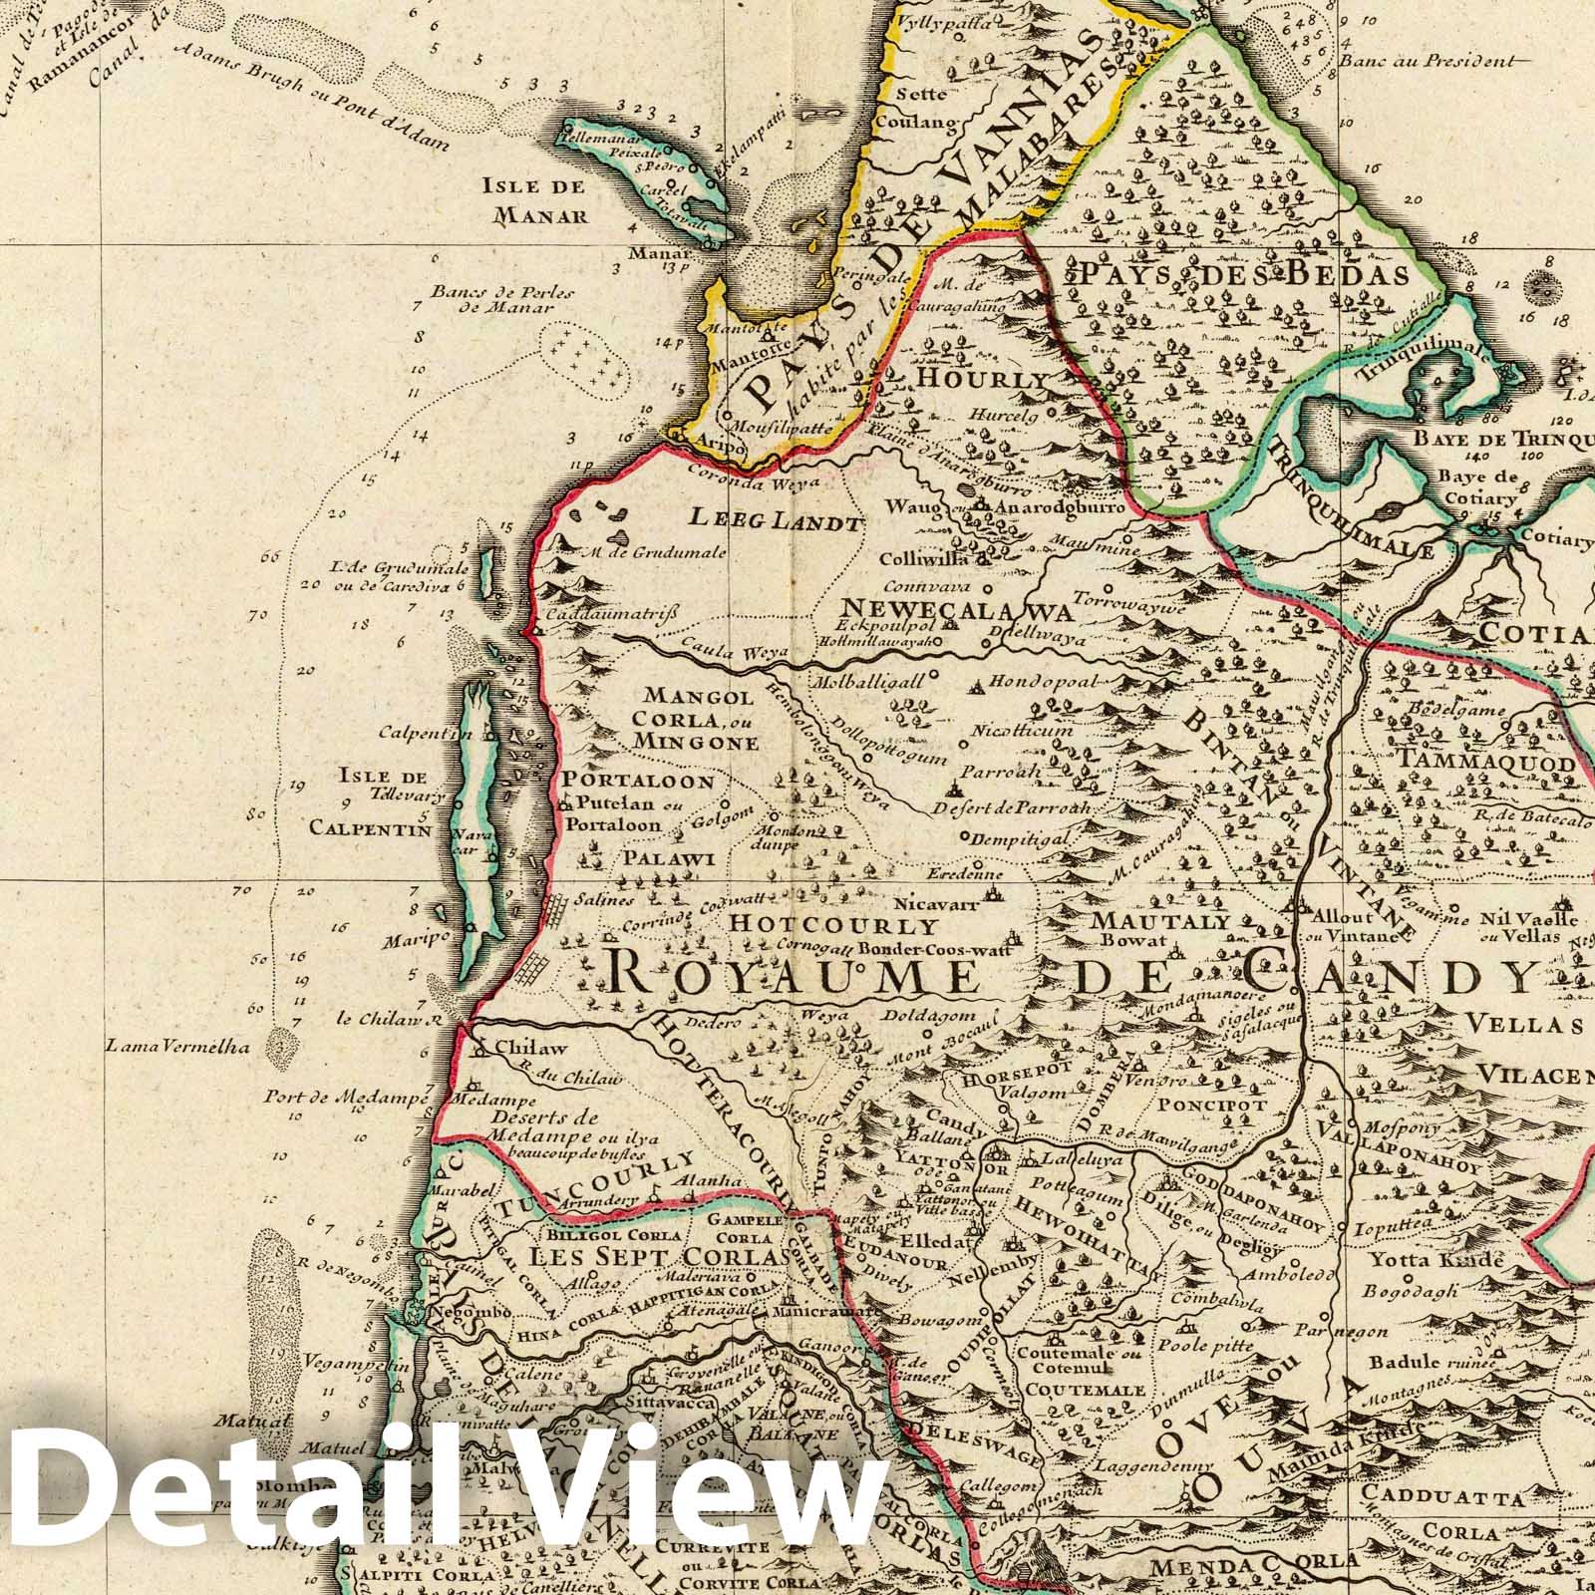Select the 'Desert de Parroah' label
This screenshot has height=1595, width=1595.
pyautogui.click(x=1015, y=806)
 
